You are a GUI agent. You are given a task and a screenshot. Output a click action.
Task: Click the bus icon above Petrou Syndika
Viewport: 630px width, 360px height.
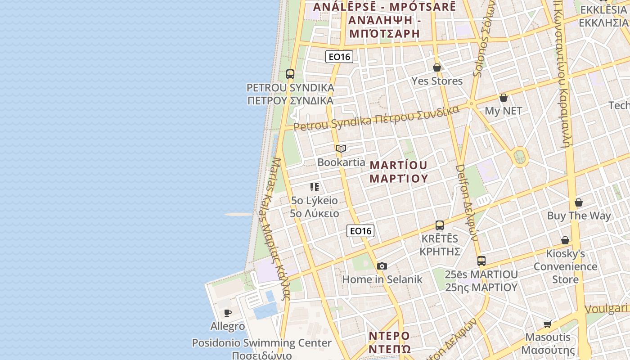point(290,74)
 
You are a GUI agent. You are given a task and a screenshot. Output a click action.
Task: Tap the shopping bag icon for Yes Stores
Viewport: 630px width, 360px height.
point(437,67)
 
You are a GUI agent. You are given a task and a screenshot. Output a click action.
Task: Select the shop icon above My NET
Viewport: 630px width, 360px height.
point(504,98)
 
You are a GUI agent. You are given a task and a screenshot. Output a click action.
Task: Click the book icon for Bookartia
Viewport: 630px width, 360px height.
point(341,148)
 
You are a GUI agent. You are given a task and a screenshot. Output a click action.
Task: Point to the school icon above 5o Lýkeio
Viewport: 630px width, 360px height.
point(315,187)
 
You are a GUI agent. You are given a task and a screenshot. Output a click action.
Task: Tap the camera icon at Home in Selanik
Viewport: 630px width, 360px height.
point(382,266)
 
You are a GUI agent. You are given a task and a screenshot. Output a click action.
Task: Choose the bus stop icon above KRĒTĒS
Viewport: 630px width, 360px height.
point(440,225)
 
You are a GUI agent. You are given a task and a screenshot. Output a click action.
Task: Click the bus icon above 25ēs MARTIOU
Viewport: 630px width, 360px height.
point(481,261)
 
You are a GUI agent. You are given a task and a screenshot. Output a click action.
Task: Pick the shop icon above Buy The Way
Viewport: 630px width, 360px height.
point(579,202)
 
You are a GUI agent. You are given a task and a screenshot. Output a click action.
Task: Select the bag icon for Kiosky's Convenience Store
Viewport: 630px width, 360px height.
point(565,240)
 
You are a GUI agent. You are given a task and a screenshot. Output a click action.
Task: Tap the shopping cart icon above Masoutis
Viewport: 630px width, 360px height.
point(548,324)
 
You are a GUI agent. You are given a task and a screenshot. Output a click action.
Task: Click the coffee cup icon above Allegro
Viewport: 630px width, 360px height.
point(228,313)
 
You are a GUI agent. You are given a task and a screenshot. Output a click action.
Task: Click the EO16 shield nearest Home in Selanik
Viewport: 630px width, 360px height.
point(361,231)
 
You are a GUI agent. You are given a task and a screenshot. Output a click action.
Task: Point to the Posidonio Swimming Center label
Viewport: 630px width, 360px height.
point(262,343)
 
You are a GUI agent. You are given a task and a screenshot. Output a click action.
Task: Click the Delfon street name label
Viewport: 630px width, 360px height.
point(466,202)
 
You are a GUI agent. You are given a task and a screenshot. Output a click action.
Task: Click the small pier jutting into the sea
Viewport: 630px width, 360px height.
point(238,215)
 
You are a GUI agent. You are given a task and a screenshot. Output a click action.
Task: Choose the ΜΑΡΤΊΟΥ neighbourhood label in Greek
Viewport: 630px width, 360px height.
point(398,178)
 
